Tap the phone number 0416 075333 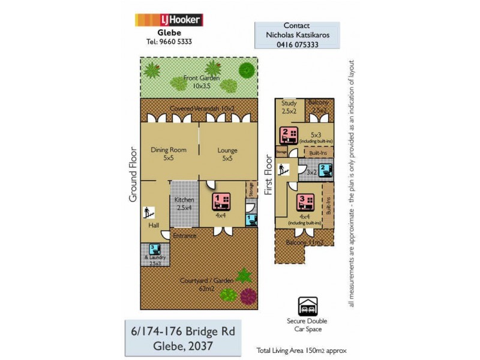point(298,44)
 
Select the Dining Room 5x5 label point(169,154)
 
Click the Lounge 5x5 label point(227,154)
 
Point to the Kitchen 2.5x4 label point(184,203)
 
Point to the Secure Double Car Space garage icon point(308,306)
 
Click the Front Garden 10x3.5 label point(202,82)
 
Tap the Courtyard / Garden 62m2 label point(199,284)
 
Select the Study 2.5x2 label point(289,106)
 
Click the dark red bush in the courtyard point(247,295)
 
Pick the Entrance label point(184,236)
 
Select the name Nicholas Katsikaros point(298,35)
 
